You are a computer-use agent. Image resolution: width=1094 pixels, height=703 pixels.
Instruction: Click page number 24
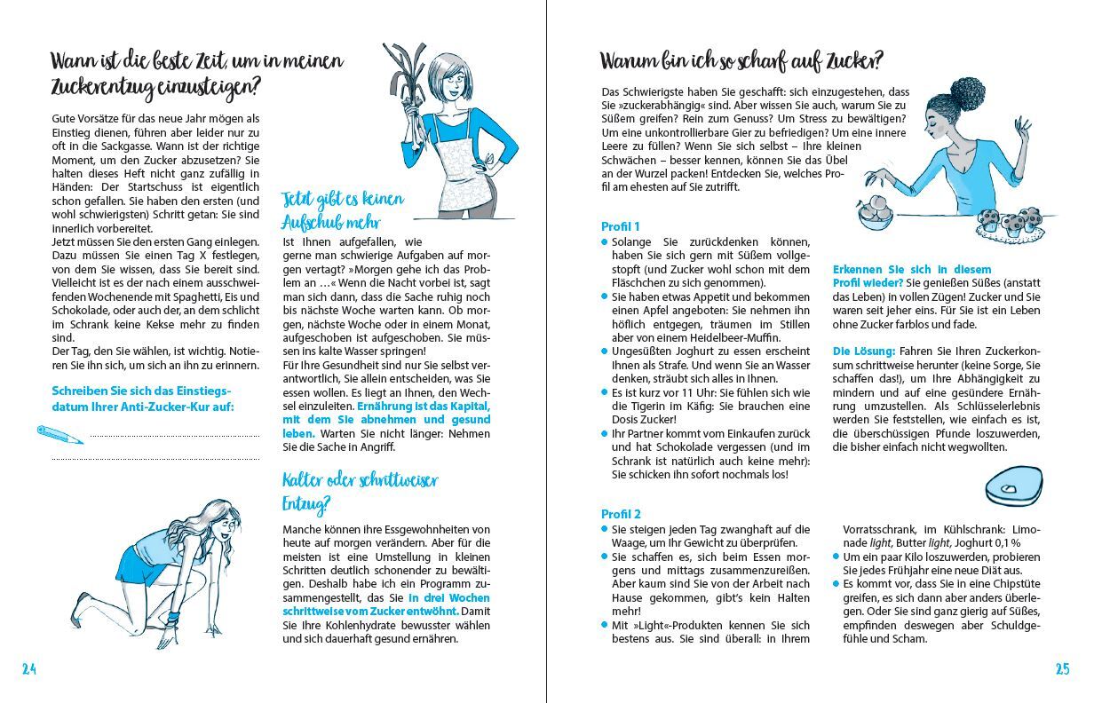coord(28,670)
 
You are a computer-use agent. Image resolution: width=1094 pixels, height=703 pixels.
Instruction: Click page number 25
coord(1062,670)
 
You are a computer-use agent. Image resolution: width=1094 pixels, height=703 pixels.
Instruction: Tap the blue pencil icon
coord(59,434)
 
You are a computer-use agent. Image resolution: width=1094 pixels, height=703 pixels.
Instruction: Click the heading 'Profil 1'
coord(620,226)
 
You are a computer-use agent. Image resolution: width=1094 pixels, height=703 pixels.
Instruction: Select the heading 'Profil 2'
coord(621,514)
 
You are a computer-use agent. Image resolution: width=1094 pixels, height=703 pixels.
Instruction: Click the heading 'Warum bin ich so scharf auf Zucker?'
coord(741,61)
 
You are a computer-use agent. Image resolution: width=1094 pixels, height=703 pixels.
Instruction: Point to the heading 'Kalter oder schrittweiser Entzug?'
coord(360,492)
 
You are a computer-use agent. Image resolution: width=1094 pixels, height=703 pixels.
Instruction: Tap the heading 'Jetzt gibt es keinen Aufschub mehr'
coord(342,209)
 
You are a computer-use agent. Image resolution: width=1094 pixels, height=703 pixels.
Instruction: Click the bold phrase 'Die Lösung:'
coord(863,351)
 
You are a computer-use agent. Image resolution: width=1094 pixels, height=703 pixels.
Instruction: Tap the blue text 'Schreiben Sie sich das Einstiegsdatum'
coord(141,391)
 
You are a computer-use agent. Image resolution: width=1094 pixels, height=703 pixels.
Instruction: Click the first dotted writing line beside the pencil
coord(174,435)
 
